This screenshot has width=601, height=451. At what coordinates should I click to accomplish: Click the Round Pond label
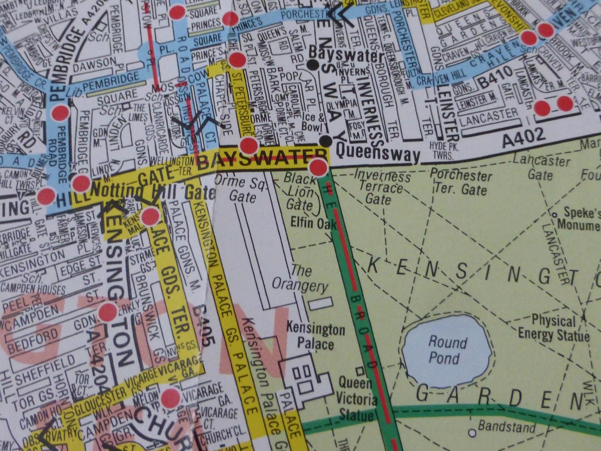point(447,350)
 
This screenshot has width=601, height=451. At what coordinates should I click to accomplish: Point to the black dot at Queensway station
point(326,141)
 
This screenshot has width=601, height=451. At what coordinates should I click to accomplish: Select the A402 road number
point(524,139)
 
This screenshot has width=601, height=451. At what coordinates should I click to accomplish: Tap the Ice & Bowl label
point(311,122)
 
